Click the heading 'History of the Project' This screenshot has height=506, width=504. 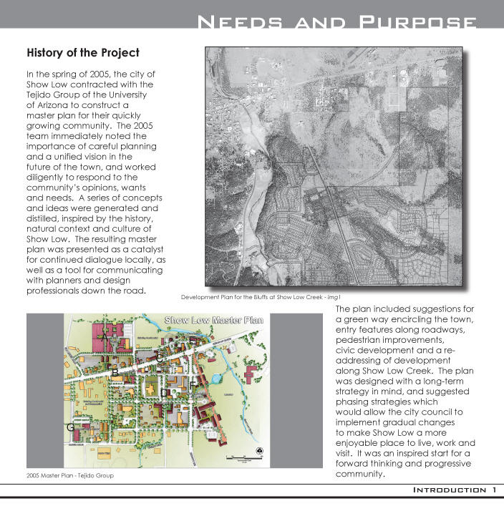tap(82, 53)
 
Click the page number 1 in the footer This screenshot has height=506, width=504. tap(494, 490)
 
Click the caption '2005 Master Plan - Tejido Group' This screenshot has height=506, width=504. tap(71, 475)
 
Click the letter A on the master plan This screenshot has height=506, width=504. tap(105, 335)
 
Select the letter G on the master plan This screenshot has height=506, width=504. tap(70, 427)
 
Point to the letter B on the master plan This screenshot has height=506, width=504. tap(115, 373)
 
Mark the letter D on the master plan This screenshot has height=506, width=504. tap(165, 393)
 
